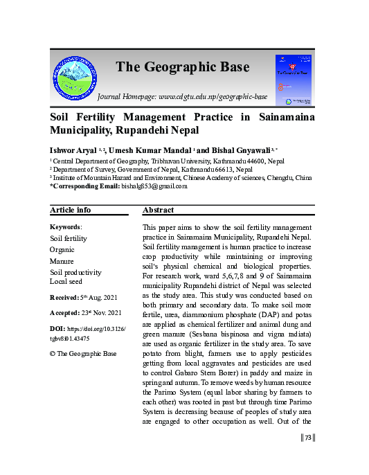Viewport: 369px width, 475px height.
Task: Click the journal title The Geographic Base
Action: coord(182,67)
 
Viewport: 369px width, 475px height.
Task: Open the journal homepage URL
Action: coord(213,97)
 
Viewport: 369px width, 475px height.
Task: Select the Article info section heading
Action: coord(71,210)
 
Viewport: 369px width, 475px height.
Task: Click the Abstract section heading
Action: coord(159,210)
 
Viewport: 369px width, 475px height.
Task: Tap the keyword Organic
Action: coord(63,250)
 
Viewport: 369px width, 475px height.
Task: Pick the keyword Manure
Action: coord(62,262)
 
